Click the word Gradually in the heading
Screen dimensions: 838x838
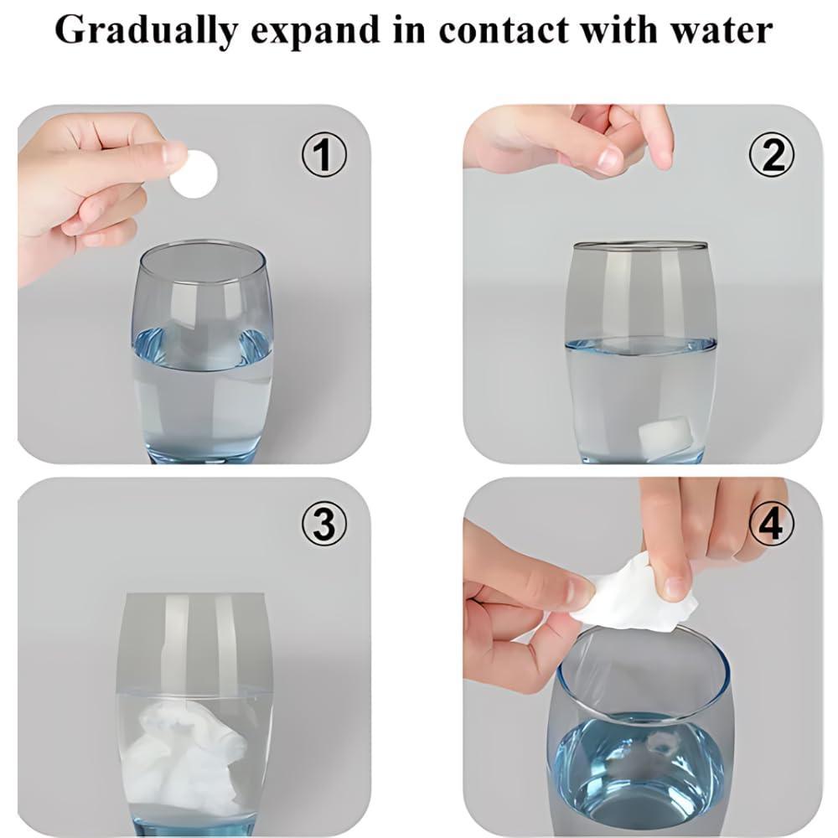point(146,30)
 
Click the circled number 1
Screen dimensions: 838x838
point(323,154)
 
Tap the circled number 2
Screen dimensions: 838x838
point(771,154)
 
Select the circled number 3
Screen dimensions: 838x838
point(323,524)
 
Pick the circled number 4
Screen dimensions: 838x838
point(771,524)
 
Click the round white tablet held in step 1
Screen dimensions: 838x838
point(194,174)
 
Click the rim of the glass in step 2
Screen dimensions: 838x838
point(640,246)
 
